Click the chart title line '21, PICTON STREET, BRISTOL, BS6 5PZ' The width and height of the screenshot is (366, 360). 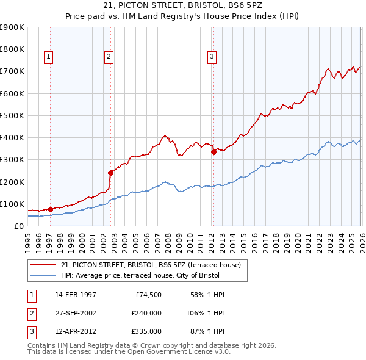[x=183, y=6]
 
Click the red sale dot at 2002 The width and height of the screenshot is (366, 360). [x=111, y=173]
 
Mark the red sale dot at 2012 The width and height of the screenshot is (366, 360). [x=213, y=153]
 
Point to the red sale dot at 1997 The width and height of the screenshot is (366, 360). [x=50, y=209]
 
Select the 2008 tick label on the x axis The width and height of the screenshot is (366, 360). [x=168, y=242]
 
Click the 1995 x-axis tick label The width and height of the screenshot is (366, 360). [x=28, y=242]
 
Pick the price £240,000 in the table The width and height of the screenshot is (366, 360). [x=146, y=313]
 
